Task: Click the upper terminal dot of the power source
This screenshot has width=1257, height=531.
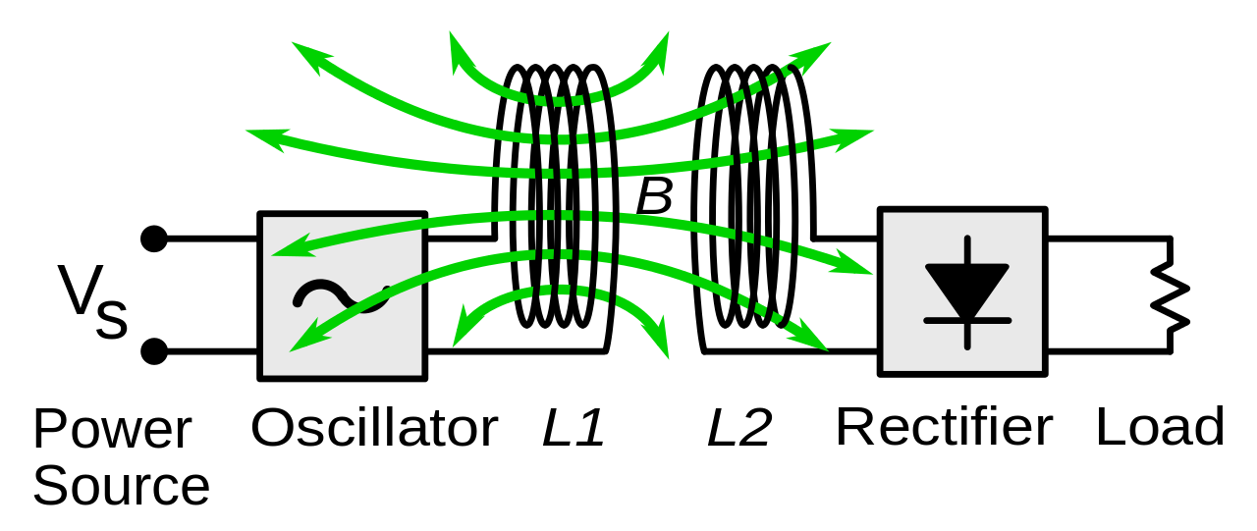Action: tap(153, 239)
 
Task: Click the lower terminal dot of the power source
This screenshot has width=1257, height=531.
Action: tap(153, 351)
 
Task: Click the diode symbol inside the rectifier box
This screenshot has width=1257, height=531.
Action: tap(967, 292)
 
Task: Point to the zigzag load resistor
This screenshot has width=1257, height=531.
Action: tap(1172, 294)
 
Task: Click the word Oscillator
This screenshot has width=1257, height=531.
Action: tap(374, 429)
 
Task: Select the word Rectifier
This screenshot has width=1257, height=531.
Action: tap(944, 428)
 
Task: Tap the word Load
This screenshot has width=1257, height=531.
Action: tap(1160, 428)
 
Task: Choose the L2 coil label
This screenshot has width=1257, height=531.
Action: tap(739, 429)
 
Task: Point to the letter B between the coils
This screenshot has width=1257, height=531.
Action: tap(654, 197)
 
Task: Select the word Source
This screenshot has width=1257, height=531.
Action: tap(122, 487)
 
